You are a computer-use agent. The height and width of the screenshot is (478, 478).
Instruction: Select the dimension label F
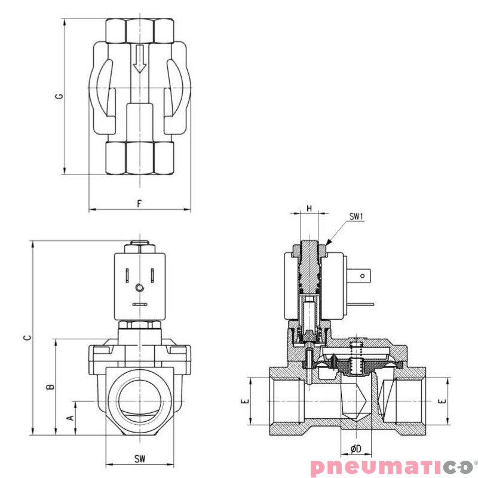pos(139,203)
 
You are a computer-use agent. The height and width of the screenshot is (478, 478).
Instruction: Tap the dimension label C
pos(27,338)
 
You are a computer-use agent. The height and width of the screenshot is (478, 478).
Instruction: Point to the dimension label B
pos(51,387)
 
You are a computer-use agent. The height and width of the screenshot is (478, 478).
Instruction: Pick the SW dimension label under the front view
pos(139,458)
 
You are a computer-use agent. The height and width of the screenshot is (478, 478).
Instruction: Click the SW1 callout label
pos(356,217)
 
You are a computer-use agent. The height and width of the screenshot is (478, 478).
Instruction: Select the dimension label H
pos(309,208)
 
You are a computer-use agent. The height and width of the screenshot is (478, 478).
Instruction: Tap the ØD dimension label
pos(356,448)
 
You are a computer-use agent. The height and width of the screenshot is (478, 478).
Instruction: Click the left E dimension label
pos(244,402)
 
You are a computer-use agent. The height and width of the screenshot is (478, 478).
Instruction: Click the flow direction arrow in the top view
pos(139,59)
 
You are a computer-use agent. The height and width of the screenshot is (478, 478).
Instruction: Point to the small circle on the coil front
pos(139,288)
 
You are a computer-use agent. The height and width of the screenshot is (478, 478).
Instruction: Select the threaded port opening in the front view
pos(139,400)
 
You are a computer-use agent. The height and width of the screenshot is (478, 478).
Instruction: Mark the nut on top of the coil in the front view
pos(139,246)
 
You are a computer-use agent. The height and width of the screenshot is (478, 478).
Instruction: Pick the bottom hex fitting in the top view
pos(139,157)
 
